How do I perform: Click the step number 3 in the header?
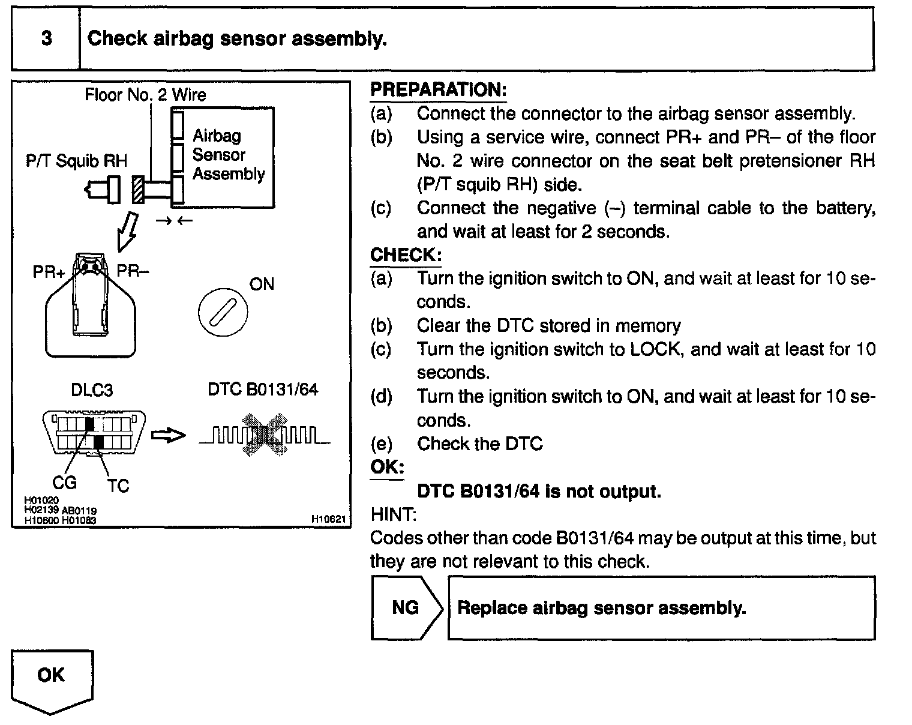pos(46,39)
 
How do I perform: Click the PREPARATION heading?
pos(438,90)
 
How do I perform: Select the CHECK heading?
pos(406,255)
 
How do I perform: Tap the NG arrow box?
pos(406,608)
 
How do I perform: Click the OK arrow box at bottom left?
pos(52,678)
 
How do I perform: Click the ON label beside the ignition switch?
pos(261,284)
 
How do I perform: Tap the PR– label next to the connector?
pos(133,271)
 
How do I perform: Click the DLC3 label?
pos(91,390)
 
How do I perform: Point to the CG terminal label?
pos(64,482)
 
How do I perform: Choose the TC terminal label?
pos(118,486)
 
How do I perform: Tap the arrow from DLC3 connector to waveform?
pos(167,436)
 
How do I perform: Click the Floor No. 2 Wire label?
pos(145,95)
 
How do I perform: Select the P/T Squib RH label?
pos(77,161)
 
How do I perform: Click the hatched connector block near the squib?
pos(138,190)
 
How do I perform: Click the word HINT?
pos(394,514)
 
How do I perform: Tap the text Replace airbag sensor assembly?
pos(601,608)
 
